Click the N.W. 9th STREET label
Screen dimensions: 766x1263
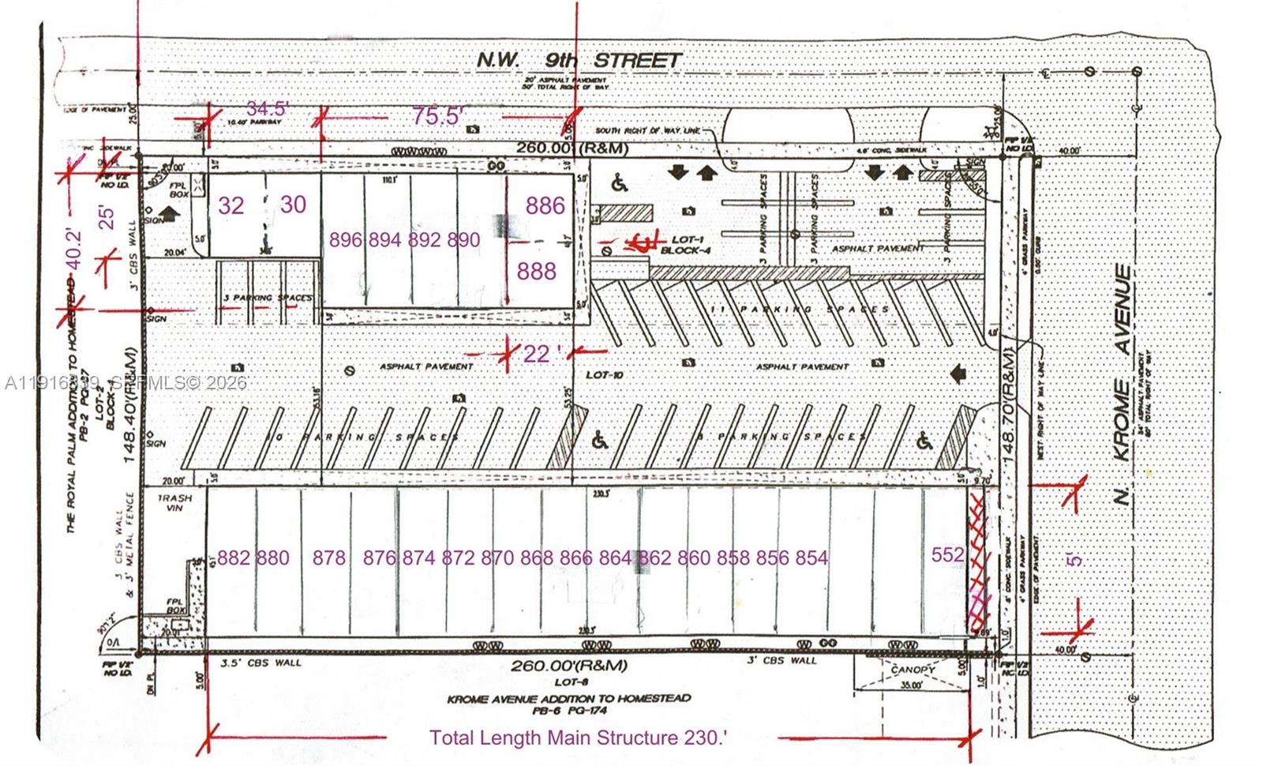pos(579,60)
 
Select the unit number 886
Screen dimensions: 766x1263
pos(545,205)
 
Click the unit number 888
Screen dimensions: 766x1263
pos(537,271)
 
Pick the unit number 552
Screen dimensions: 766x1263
pos(947,554)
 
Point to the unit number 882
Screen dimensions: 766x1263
pos(233,558)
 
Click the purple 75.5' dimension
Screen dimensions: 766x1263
pos(437,116)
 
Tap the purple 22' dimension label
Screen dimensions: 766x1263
pos(538,353)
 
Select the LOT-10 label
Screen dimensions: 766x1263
pos(605,375)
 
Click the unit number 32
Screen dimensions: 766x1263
pos(231,205)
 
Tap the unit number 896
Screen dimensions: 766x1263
pos(346,240)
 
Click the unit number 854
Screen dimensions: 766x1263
pos(811,558)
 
